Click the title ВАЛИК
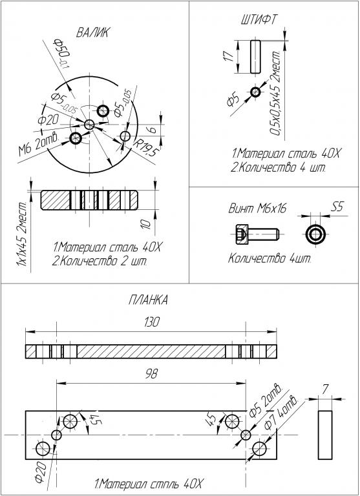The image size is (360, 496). point(92,32)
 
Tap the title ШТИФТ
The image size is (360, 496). point(259,19)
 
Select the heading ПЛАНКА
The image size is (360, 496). point(148,300)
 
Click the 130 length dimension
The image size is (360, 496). point(151,322)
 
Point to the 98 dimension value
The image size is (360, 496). point(151,374)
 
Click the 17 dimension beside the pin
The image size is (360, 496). point(229,56)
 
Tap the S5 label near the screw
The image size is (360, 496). point(337,207)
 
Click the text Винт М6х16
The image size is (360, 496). point(257,208)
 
